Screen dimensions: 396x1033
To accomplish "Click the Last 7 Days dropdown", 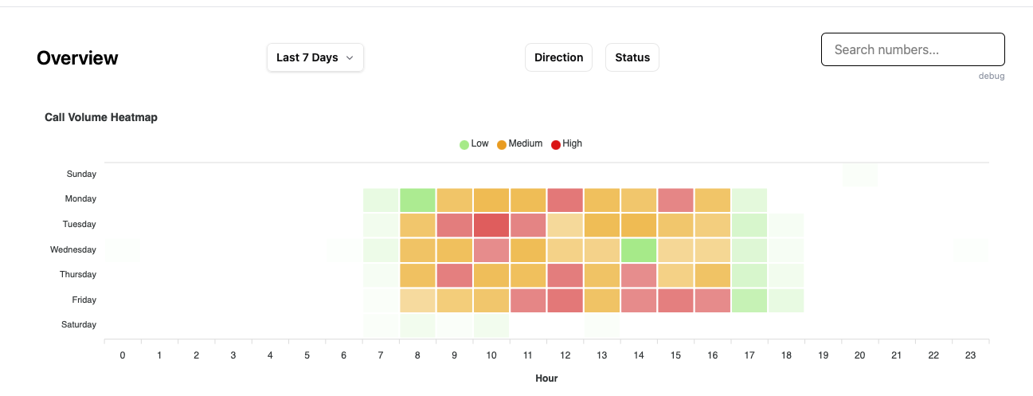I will pyautogui.click(x=315, y=57).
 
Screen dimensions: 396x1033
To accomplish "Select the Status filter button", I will pyautogui.click(x=632, y=57).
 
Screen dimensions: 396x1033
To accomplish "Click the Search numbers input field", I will pyautogui.click(x=912, y=49).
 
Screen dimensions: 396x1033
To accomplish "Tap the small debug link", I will pyautogui.click(x=992, y=76).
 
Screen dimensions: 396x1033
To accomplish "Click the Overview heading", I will pyautogui.click(x=77, y=58).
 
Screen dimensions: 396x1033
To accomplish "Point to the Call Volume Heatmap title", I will pyautogui.click(x=101, y=117).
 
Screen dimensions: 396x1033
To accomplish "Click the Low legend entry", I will pyautogui.click(x=474, y=144).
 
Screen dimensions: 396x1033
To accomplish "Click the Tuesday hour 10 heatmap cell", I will pyautogui.click(x=491, y=225).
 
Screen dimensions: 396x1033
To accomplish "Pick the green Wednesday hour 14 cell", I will pyautogui.click(x=639, y=249).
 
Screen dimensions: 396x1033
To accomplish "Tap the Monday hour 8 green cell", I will pyautogui.click(x=418, y=199).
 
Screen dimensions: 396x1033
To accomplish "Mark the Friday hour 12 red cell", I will pyautogui.click(x=565, y=300).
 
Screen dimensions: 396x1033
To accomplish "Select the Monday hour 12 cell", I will pyautogui.click(x=565, y=199).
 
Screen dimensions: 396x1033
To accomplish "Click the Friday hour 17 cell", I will pyautogui.click(x=749, y=300).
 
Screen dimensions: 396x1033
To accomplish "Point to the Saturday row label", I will pyautogui.click(x=79, y=325).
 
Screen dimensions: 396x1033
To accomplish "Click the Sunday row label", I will pyautogui.click(x=82, y=174).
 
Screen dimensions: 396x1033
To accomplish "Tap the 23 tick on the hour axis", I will pyautogui.click(x=970, y=355).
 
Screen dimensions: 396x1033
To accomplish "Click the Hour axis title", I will pyautogui.click(x=546, y=378).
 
